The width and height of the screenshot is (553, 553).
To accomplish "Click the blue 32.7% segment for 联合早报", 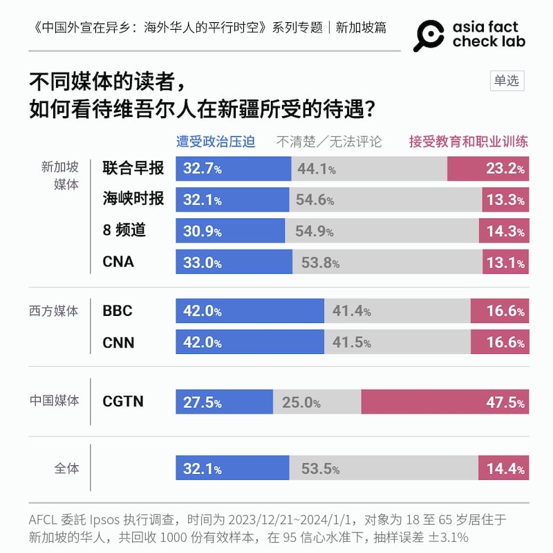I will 234,169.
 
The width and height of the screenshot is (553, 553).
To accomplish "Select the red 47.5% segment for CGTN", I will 444,402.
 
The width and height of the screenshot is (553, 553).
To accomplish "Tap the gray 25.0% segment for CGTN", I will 317,402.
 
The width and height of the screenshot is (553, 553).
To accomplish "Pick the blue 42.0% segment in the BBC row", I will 250,311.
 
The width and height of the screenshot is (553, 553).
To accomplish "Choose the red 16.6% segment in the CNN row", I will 499,343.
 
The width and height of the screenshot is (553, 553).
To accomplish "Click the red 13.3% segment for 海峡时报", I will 505,200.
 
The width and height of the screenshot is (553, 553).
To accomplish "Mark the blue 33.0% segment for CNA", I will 234,262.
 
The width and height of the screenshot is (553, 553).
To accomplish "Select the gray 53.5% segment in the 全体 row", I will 383,468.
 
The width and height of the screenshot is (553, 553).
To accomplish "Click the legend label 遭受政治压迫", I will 216,142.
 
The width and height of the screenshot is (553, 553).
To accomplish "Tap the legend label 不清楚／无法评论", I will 329,142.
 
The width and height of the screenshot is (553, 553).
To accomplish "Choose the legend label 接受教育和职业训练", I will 468,142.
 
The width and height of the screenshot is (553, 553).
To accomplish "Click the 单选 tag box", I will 506,81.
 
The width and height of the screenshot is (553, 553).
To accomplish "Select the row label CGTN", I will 123,402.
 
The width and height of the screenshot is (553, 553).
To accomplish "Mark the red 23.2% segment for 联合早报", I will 488,169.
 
